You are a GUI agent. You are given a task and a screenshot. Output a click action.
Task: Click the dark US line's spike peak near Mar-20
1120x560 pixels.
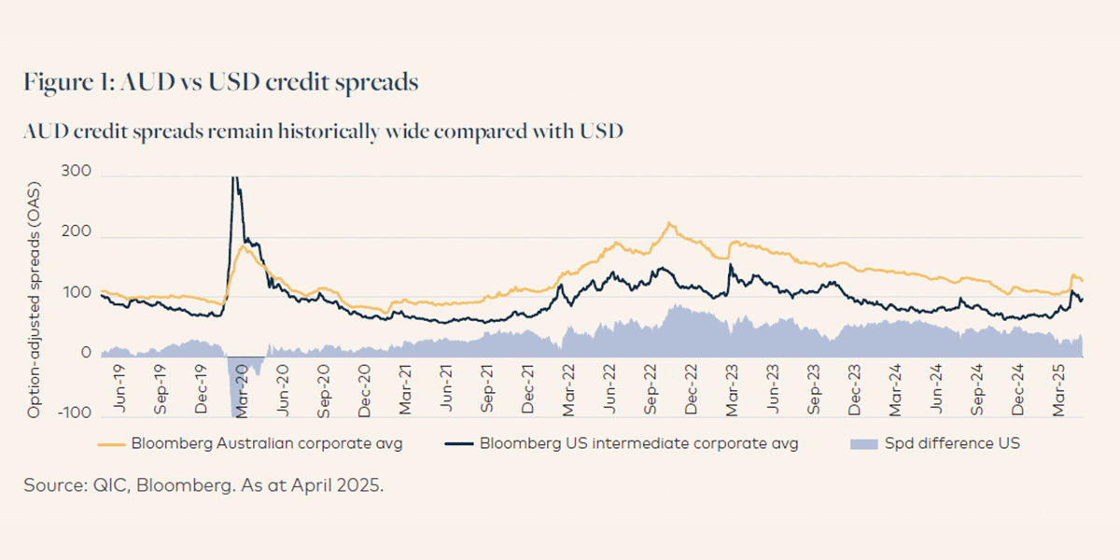coord(234,177)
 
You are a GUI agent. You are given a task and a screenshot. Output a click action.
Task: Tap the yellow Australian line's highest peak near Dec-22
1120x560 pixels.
coord(669,224)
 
